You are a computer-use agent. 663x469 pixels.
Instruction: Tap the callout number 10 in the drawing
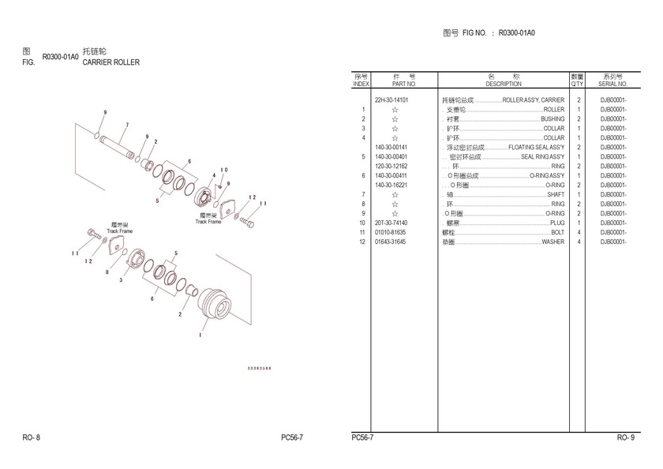pyautogui.click(x=224, y=170)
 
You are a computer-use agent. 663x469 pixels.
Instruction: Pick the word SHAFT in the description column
pyautogui.click(x=556, y=195)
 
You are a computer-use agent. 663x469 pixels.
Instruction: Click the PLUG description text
pyautogui.click(x=557, y=223)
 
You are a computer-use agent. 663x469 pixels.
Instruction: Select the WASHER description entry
pyautogui.click(x=552, y=242)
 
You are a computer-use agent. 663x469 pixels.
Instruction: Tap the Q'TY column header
pyautogui.click(x=578, y=80)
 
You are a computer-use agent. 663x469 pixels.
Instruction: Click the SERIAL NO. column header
pyautogui.click(x=612, y=80)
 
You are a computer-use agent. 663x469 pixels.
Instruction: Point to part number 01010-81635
pyautogui.click(x=391, y=233)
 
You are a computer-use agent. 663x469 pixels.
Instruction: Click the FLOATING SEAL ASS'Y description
pyautogui.click(x=537, y=148)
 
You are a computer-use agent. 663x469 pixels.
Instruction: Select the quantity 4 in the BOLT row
pyautogui.click(x=579, y=233)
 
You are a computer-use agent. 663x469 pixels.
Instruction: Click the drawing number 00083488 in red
pyautogui.click(x=260, y=368)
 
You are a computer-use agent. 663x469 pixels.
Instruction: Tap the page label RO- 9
pyautogui.click(x=625, y=437)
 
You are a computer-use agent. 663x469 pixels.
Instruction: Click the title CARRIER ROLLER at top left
pyautogui.click(x=111, y=62)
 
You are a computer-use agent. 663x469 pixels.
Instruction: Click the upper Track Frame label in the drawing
pyautogui.click(x=208, y=219)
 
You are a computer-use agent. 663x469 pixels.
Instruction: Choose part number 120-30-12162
pyautogui.click(x=391, y=167)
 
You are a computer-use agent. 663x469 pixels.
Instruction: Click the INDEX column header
pyautogui.click(x=361, y=80)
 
